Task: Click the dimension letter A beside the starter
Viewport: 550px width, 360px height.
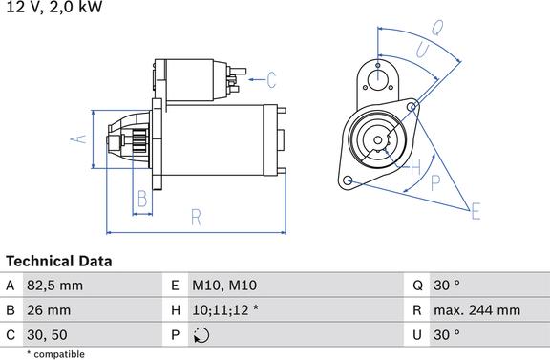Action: click(x=78, y=139)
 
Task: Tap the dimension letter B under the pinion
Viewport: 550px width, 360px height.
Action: click(x=142, y=199)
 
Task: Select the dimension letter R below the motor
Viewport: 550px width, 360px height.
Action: click(x=196, y=217)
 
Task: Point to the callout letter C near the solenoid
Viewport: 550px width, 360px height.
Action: click(x=271, y=80)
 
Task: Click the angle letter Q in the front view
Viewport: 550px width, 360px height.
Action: click(x=437, y=28)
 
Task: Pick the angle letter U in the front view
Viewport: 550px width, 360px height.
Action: click(x=423, y=51)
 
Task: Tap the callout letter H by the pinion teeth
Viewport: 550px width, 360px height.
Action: click(x=415, y=167)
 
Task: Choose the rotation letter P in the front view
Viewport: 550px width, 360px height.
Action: click(x=435, y=182)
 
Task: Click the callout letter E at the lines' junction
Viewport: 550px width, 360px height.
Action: click(x=476, y=211)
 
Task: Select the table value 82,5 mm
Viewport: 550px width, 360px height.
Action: click(x=55, y=286)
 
